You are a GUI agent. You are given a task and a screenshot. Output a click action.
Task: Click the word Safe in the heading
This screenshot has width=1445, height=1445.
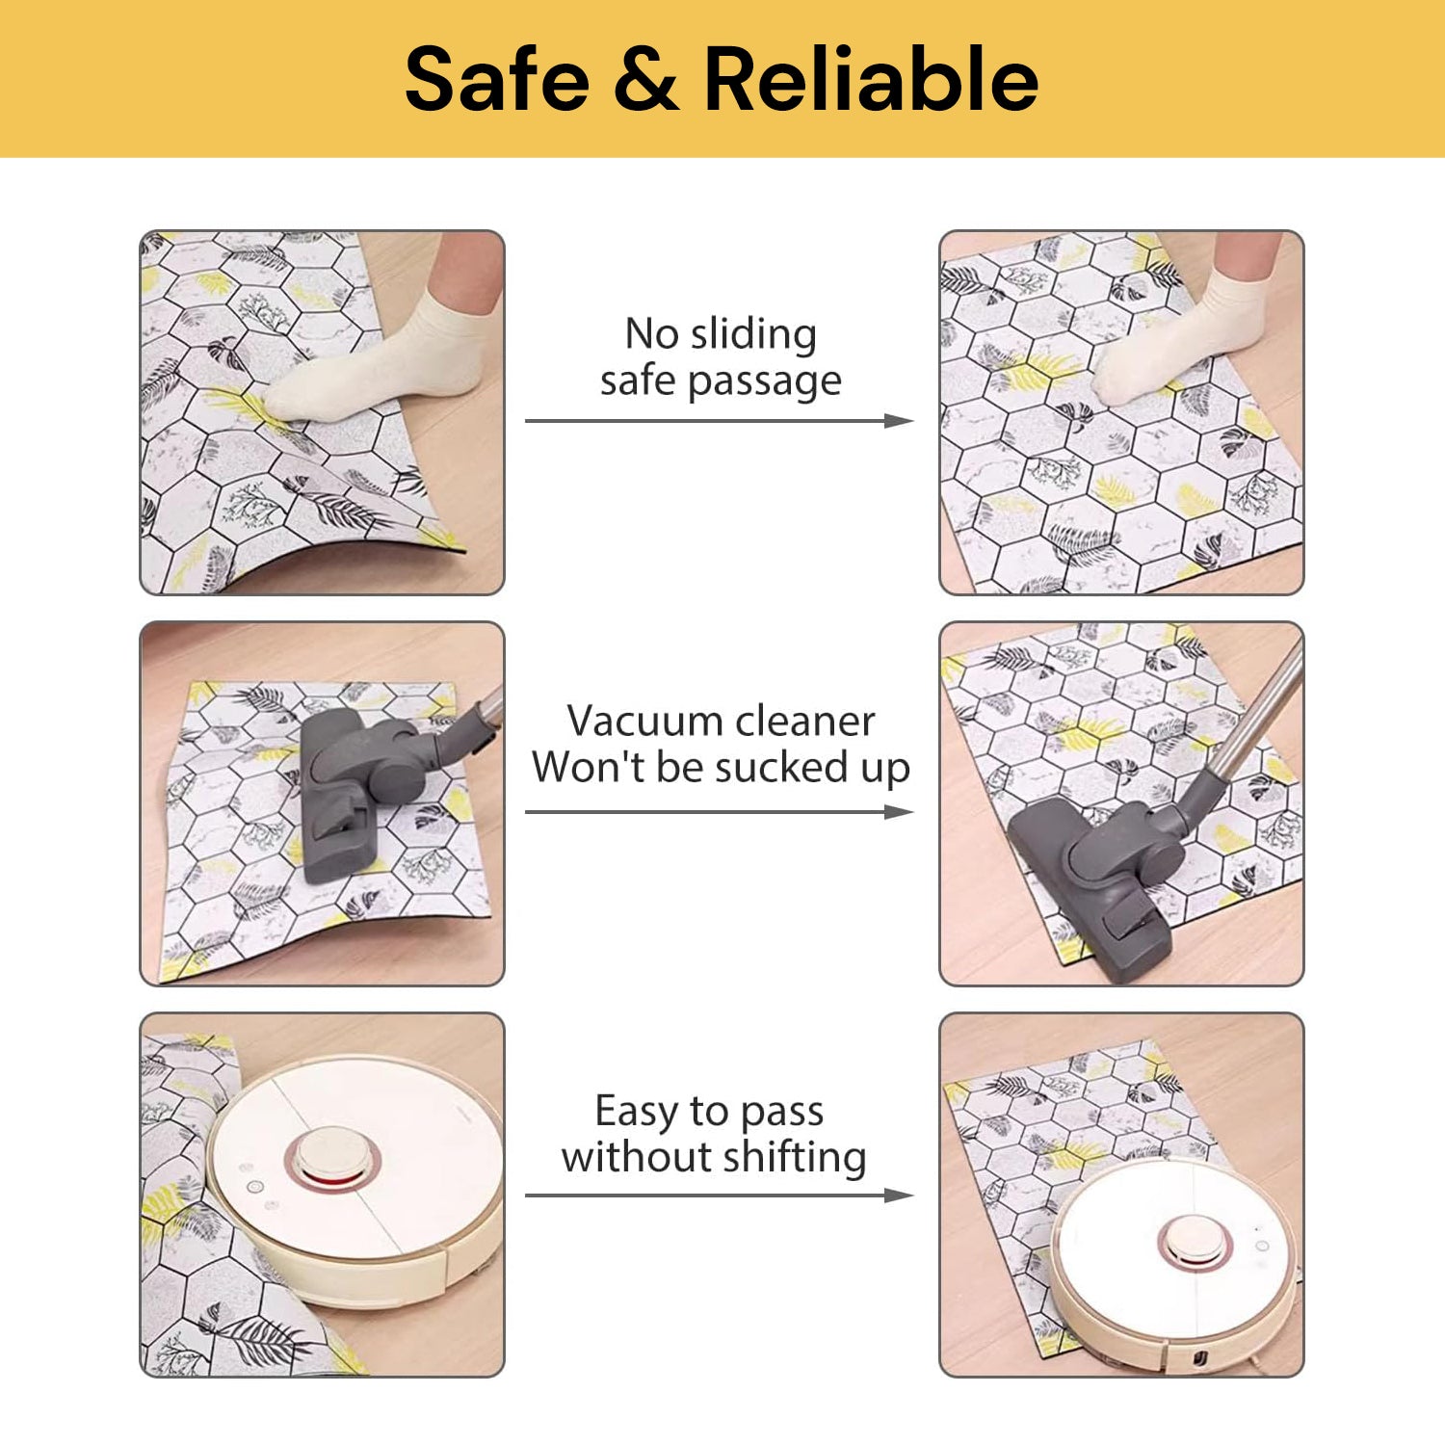(x=497, y=78)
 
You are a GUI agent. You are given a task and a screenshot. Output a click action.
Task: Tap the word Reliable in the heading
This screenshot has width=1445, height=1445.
(x=871, y=78)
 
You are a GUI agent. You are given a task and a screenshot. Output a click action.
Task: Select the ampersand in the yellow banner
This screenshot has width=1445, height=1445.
(x=646, y=78)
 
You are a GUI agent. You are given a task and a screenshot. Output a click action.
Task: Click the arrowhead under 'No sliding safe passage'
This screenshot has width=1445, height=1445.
(x=899, y=421)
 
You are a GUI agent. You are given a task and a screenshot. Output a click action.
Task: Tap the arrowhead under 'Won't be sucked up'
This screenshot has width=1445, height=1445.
(x=899, y=812)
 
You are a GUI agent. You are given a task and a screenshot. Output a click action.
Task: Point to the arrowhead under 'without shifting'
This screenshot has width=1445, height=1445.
(x=899, y=1195)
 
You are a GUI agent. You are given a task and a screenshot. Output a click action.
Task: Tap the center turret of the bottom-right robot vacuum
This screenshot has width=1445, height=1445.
(x=1193, y=1240)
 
